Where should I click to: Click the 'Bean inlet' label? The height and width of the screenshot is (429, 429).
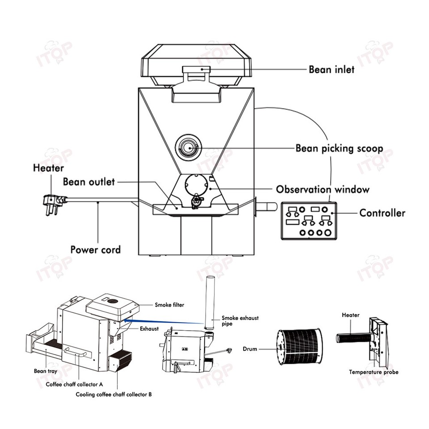tap(332, 70)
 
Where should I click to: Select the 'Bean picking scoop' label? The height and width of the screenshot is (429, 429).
tap(339, 148)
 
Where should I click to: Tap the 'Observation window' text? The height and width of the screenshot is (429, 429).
tap(323, 189)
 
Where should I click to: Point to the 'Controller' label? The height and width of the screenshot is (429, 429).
tap(382, 213)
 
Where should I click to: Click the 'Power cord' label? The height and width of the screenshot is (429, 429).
tap(95, 249)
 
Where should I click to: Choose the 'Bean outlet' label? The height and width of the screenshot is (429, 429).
tap(89, 182)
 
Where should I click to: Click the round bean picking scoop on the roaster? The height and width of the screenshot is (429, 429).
tap(188, 147)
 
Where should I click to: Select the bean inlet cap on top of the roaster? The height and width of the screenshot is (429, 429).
tap(198, 69)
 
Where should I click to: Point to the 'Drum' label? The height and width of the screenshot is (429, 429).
tap(250, 349)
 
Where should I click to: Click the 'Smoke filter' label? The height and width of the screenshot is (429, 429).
tap(169, 305)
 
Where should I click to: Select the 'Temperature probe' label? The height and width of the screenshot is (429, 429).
tap(374, 372)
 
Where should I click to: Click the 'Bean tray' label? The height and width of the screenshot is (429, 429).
tap(46, 371)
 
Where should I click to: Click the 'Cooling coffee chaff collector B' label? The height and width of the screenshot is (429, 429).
tap(114, 395)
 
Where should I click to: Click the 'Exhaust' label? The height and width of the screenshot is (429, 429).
tap(149, 328)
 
